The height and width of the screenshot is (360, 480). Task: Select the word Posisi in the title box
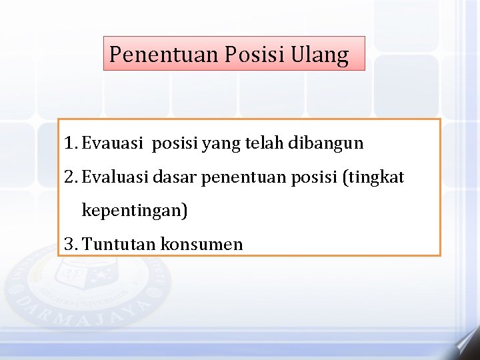[x=255, y=54]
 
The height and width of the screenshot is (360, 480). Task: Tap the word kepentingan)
[x=135, y=212]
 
